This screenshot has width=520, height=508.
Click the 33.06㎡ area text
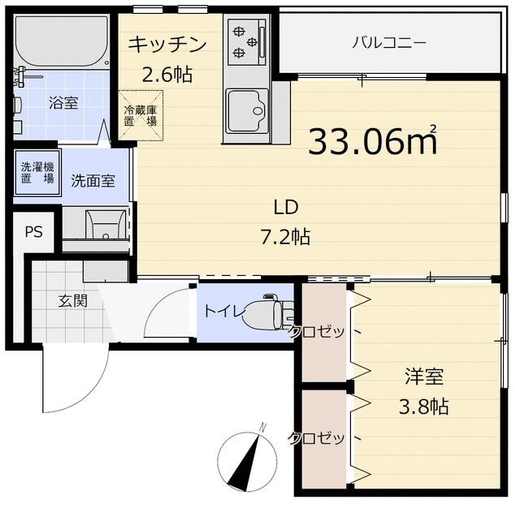(373, 142)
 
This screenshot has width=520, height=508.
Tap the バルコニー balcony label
(388, 43)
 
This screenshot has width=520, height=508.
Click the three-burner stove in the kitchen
(245, 42)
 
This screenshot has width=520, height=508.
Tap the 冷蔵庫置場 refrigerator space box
(139, 115)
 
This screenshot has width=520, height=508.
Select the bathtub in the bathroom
(61, 42)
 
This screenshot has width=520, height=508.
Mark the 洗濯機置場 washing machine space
(37, 173)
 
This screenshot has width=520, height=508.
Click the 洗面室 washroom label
(92, 179)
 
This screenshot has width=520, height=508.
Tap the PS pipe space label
(32, 232)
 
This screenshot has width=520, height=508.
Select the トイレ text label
(221, 310)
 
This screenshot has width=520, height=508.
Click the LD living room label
(286, 207)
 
